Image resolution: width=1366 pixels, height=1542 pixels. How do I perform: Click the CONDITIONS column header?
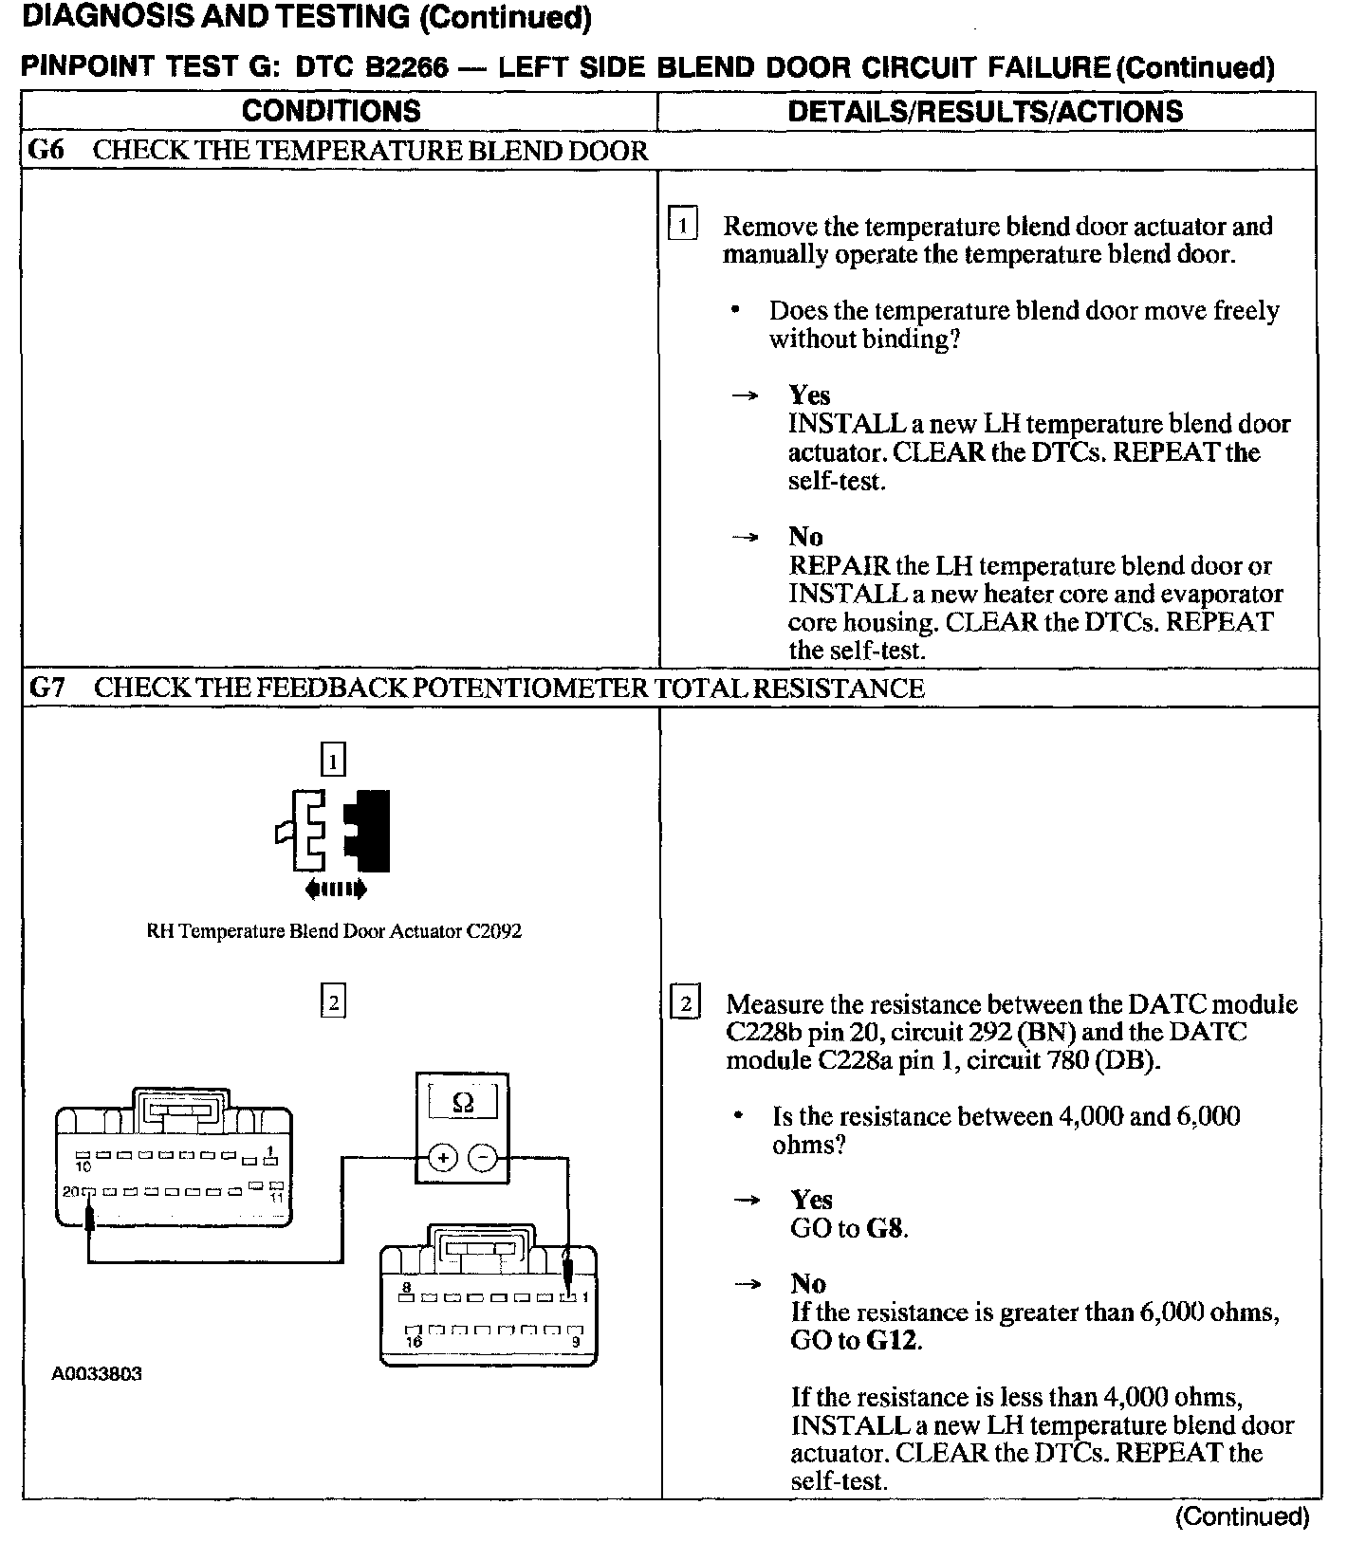[331, 111]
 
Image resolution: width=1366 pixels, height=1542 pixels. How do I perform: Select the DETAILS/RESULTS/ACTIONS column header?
[985, 111]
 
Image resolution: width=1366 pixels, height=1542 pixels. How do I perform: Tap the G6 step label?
[46, 151]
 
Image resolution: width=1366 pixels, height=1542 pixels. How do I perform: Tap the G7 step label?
[46, 688]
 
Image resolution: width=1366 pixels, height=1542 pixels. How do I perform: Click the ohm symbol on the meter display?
[463, 1103]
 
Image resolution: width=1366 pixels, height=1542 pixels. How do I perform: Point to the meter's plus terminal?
[443, 1158]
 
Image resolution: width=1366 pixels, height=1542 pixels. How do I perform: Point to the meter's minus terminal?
[482, 1158]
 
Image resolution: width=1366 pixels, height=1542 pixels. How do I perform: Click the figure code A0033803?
[97, 1374]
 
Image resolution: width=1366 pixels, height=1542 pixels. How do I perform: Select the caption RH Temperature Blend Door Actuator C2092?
[334, 931]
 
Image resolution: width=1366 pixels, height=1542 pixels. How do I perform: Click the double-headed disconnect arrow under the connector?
[335, 890]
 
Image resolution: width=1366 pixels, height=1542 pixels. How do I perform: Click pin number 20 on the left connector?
[71, 1192]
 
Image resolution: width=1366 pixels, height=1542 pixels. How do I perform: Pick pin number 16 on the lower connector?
[414, 1343]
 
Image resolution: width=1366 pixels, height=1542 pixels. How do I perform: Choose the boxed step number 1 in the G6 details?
[683, 226]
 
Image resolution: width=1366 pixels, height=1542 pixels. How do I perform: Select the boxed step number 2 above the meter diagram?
[333, 1001]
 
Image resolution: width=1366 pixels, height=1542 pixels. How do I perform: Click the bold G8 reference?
[885, 1228]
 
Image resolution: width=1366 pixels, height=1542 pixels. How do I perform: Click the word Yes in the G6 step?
[809, 395]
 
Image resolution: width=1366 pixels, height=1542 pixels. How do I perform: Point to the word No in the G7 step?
[808, 1284]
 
